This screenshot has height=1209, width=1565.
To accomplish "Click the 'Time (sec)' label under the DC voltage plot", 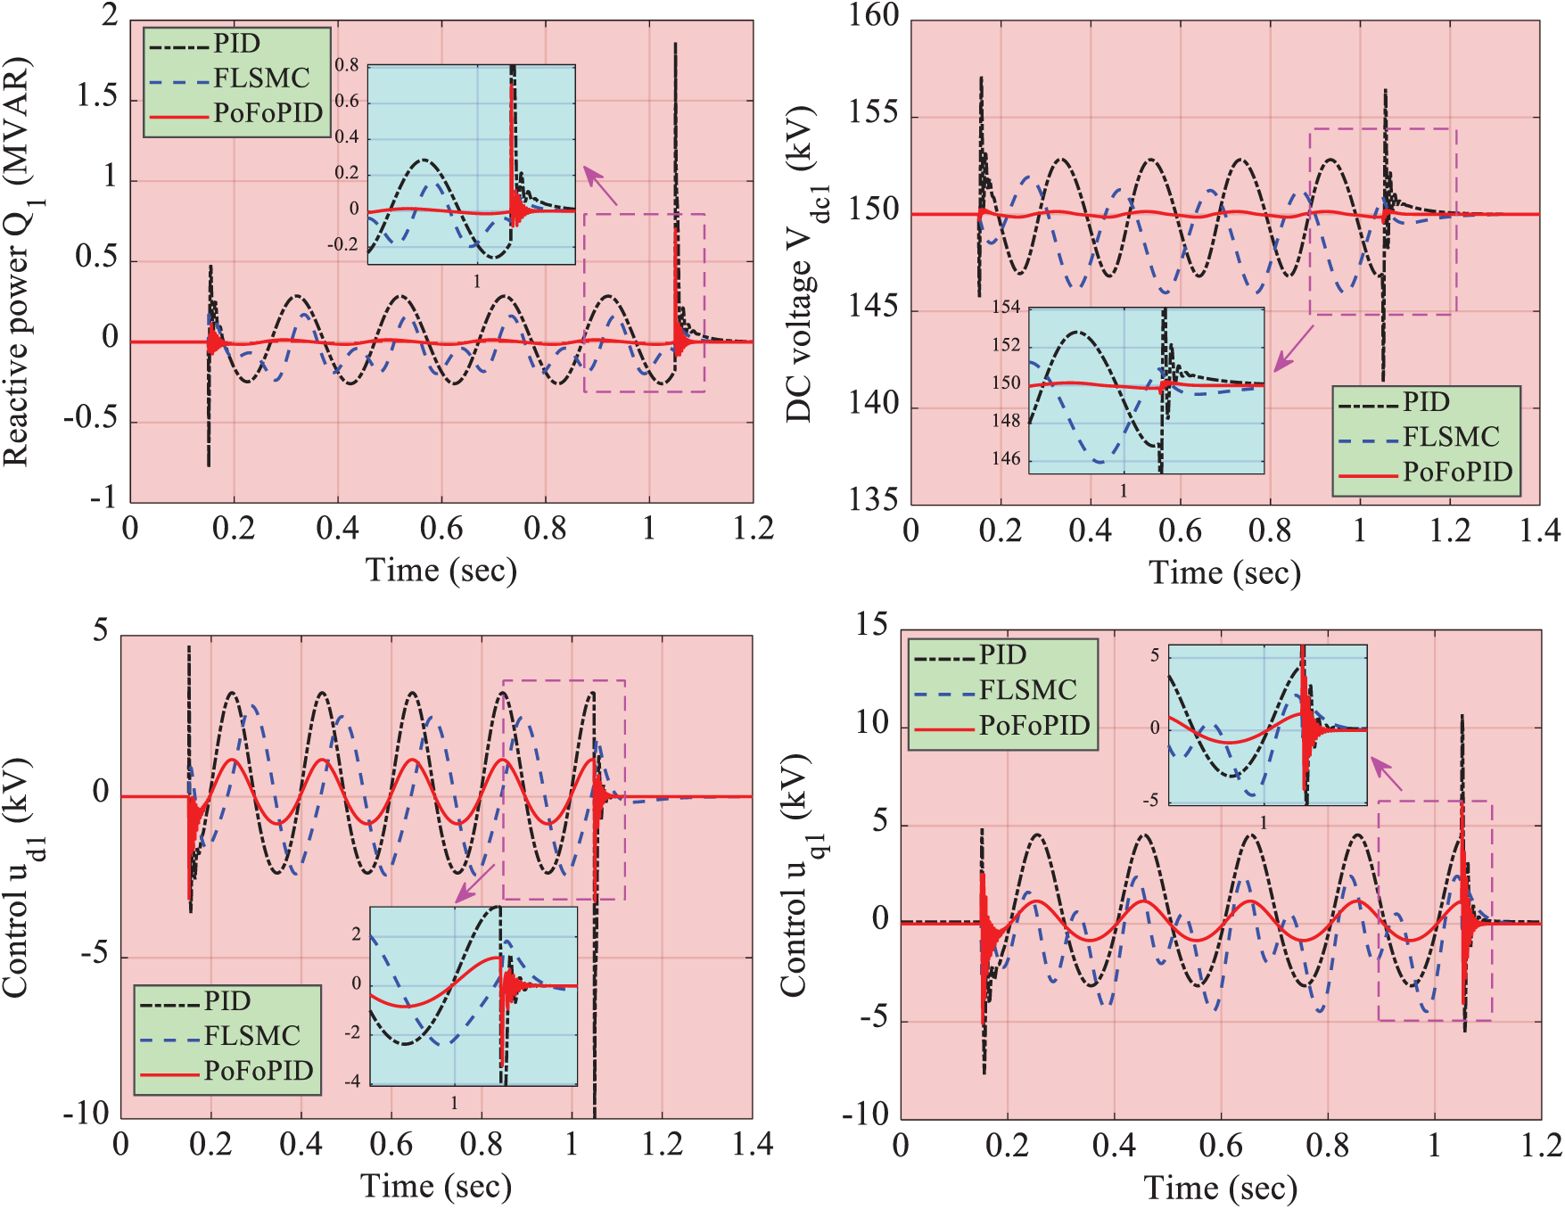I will [x=1224, y=572].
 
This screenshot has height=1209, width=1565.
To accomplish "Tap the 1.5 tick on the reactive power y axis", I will [x=97, y=96].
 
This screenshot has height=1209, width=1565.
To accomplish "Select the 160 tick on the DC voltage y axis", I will [x=873, y=16].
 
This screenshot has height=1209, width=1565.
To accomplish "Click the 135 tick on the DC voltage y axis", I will [x=873, y=499].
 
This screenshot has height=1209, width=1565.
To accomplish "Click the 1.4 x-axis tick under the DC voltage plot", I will [x=1539, y=531].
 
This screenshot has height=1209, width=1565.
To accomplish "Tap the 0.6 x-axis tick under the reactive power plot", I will [x=441, y=529].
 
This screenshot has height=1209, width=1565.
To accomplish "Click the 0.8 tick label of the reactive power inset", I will [x=347, y=65].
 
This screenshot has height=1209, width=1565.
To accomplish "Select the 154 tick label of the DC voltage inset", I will [x=1006, y=308].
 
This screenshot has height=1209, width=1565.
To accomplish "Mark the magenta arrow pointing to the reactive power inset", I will [x=600, y=185].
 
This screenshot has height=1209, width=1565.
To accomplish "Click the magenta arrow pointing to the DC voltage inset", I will [x=1293, y=349].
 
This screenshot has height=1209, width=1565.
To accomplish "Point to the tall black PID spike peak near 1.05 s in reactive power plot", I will [x=676, y=45].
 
